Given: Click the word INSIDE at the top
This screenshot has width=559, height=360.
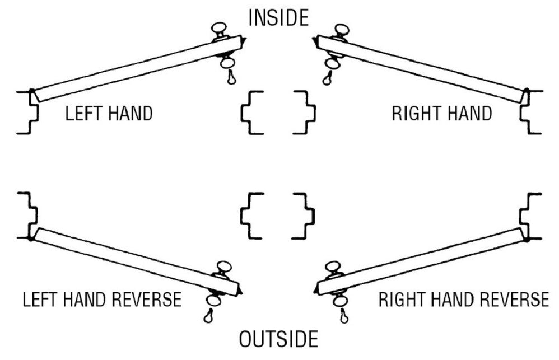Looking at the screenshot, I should click(x=278, y=17).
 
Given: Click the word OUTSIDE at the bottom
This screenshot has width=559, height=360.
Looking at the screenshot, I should click(x=278, y=339).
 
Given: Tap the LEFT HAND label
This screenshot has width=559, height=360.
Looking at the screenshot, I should click(x=109, y=114).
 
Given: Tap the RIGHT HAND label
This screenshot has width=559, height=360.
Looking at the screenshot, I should click(x=441, y=114).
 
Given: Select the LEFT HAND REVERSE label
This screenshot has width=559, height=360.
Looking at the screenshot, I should click(x=102, y=299).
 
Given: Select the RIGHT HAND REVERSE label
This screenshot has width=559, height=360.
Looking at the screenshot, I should click(x=463, y=299).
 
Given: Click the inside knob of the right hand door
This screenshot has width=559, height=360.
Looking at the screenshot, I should click(x=340, y=29).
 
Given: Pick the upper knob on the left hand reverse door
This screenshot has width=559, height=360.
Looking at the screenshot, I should click(x=224, y=267).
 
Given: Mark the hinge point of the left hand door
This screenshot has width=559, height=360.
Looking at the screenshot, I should click(x=32, y=91).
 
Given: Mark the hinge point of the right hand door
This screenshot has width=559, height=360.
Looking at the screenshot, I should click(x=527, y=91).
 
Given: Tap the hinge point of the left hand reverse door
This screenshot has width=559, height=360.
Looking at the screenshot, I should click(x=32, y=237).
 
